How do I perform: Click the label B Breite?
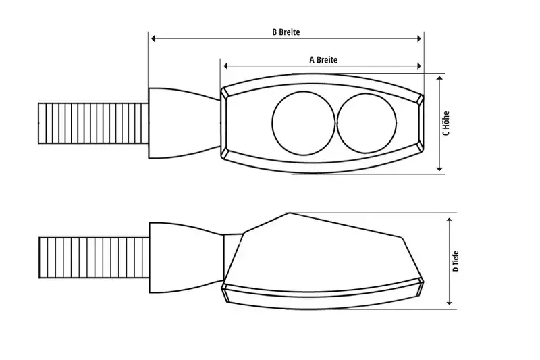pyautogui.click(x=286, y=32)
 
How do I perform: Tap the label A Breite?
pyautogui.click(x=323, y=59)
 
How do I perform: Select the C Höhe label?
pyautogui.click(x=446, y=123)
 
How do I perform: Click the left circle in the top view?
pyautogui.click(x=302, y=123)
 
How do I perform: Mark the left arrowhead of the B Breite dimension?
pyautogui.click(x=152, y=40)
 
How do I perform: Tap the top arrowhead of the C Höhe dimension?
pyautogui.click(x=439, y=78)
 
